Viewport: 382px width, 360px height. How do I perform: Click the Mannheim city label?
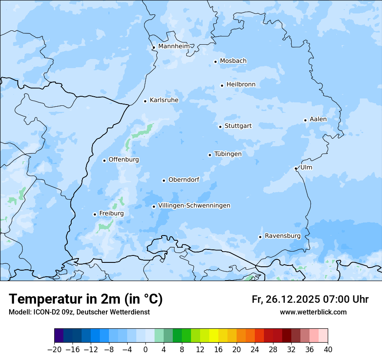tap(174, 46)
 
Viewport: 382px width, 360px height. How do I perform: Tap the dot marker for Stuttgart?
tap(220, 127)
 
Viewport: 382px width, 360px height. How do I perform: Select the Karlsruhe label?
tap(164, 100)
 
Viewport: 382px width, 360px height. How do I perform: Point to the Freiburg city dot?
tap(95, 214)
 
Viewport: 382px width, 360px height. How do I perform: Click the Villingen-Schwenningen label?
tap(194, 206)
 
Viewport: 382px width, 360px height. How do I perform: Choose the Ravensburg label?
tap(283, 236)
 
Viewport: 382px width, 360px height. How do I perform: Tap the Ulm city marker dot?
tap(296, 168)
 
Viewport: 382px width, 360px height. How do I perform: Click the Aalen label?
tap(318, 119)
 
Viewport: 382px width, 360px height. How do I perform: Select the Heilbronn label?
tap(241, 85)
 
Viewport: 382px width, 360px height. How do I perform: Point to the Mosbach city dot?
tap(215, 62)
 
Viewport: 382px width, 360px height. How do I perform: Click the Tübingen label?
tap(228, 154)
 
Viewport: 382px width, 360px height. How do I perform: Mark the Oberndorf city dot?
tap(164, 180)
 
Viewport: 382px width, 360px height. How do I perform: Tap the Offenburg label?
tap(124, 160)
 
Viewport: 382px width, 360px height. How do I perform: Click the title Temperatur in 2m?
tap(86, 299)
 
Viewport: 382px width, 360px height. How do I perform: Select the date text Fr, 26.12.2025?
tap(286, 299)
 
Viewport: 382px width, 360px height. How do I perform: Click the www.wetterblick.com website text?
tap(313, 312)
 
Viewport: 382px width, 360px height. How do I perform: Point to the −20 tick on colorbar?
tap(55, 350)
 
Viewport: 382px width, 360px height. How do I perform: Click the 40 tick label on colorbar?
tap(328, 350)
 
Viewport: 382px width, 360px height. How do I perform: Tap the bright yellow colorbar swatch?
tap(214, 336)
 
